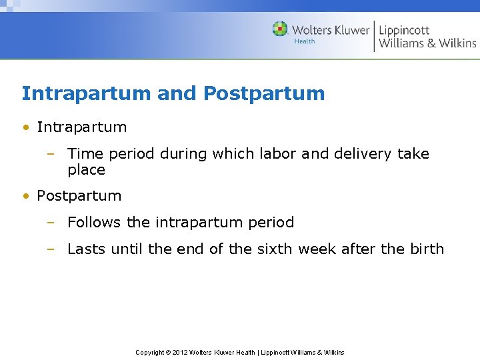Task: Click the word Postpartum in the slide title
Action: (264, 93)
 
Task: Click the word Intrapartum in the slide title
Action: (86, 93)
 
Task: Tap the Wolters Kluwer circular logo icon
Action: (280, 29)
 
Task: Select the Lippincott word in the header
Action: (404, 30)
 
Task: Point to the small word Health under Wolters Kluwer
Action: (305, 41)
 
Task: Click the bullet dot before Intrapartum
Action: (25, 127)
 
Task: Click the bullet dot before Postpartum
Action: (25, 196)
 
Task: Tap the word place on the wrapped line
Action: (86, 170)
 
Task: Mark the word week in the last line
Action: (317, 249)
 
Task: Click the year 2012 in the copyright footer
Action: (180, 352)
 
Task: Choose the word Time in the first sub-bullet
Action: (85, 154)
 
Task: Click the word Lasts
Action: (87, 249)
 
